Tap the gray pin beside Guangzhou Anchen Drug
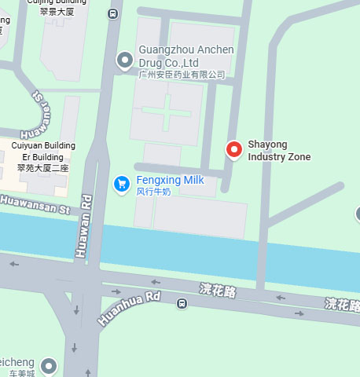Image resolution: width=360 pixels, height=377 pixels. (124, 60)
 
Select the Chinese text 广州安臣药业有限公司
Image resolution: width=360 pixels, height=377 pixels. (182, 75)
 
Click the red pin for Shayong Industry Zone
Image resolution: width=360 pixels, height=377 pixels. (233, 148)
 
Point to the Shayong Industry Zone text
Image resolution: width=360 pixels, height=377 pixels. (279, 151)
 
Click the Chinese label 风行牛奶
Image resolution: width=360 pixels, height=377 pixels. (153, 192)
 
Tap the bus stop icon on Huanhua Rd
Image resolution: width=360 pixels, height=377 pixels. (182, 303)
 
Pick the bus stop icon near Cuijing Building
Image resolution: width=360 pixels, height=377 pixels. (114, 13)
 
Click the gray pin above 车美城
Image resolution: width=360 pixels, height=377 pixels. (50, 365)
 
